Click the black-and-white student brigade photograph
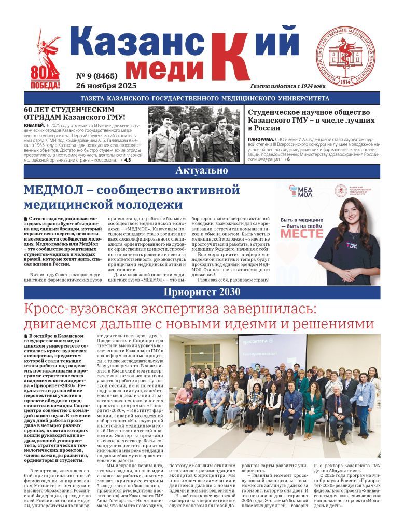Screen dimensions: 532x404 [194, 134]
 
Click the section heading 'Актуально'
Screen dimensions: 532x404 [202, 170]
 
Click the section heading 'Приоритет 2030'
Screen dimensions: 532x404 [202, 292]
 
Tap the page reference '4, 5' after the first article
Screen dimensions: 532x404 [127, 160]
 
